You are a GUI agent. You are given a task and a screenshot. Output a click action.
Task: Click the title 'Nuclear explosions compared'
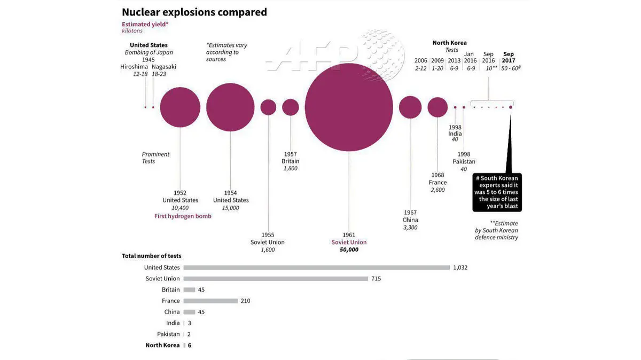click(x=194, y=12)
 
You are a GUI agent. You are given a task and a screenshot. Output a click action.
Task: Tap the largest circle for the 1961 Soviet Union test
click(x=349, y=107)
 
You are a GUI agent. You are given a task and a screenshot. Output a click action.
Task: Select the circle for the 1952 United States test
click(x=180, y=107)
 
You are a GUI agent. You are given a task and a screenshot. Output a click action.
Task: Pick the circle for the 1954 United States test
click(x=231, y=107)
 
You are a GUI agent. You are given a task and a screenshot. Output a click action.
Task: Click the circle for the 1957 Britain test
click(x=291, y=107)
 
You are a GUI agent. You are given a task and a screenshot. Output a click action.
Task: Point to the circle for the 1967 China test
click(x=410, y=107)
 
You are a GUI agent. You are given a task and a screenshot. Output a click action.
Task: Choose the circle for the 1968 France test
click(x=437, y=107)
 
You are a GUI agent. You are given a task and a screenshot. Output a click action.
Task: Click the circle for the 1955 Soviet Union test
click(x=268, y=107)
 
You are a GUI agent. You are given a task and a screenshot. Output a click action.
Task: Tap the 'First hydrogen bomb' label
click(x=183, y=216)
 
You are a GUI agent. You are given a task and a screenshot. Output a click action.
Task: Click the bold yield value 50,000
click(x=349, y=249)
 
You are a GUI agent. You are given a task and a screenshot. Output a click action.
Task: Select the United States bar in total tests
click(x=316, y=268)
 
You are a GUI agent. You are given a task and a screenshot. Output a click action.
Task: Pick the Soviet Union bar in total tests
click(x=276, y=279)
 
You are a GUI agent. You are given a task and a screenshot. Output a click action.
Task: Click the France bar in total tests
click(x=210, y=301)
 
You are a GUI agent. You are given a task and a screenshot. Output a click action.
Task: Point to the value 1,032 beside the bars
click(x=460, y=268)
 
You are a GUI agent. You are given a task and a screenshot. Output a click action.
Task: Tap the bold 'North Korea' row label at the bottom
click(x=162, y=346)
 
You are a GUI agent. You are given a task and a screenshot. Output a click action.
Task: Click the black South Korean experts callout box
click(x=496, y=192)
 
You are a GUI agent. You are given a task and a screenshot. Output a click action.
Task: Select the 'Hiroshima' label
click(x=134, y=67)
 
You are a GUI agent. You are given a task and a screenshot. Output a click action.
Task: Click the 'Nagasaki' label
click(x=163, y=67)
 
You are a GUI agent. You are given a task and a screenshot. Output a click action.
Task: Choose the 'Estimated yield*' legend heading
click(x=145, y=24)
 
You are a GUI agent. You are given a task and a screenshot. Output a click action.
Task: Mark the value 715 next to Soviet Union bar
click(x=376, y=279)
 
